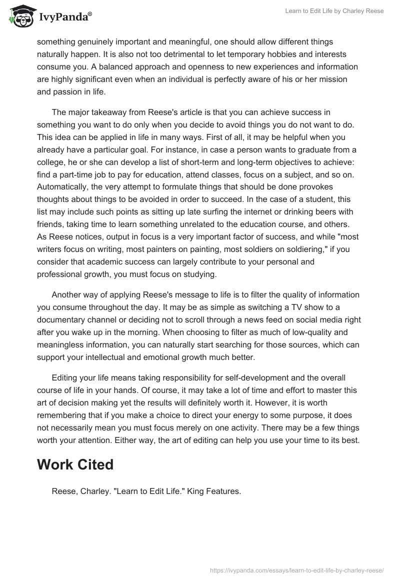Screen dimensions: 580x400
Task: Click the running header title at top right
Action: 334,11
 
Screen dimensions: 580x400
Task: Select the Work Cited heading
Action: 75,464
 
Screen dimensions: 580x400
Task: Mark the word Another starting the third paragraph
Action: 66,294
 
